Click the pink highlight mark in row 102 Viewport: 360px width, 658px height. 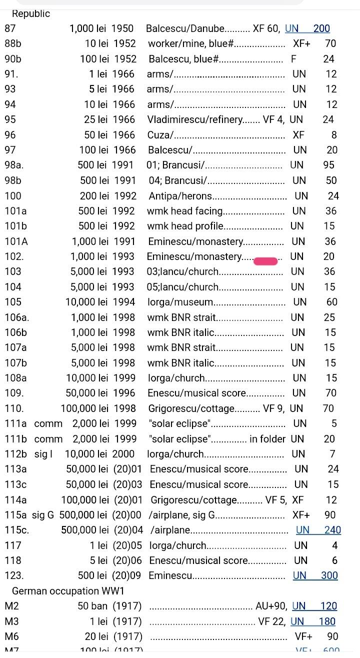[x=265, y=261]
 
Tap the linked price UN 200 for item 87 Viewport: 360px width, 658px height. [x=307, y=29]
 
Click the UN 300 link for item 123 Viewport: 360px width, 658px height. [x=315, y=575]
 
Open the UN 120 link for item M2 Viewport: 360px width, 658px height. [x=314, y=606]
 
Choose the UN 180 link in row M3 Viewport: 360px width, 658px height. [x=313, y=621]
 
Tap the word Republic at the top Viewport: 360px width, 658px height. [x=31, y=14]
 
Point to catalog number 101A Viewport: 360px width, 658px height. [x=16, y=241]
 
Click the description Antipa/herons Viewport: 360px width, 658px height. [x=180, y=196]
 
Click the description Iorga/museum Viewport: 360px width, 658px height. [x=180, y=302]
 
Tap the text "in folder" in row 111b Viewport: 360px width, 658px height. [x=267, y=439]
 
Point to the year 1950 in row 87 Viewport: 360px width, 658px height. [x=122, y=29]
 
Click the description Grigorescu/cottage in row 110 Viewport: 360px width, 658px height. [x=191, y=408]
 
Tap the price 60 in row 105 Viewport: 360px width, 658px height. [x=332, y=302]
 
